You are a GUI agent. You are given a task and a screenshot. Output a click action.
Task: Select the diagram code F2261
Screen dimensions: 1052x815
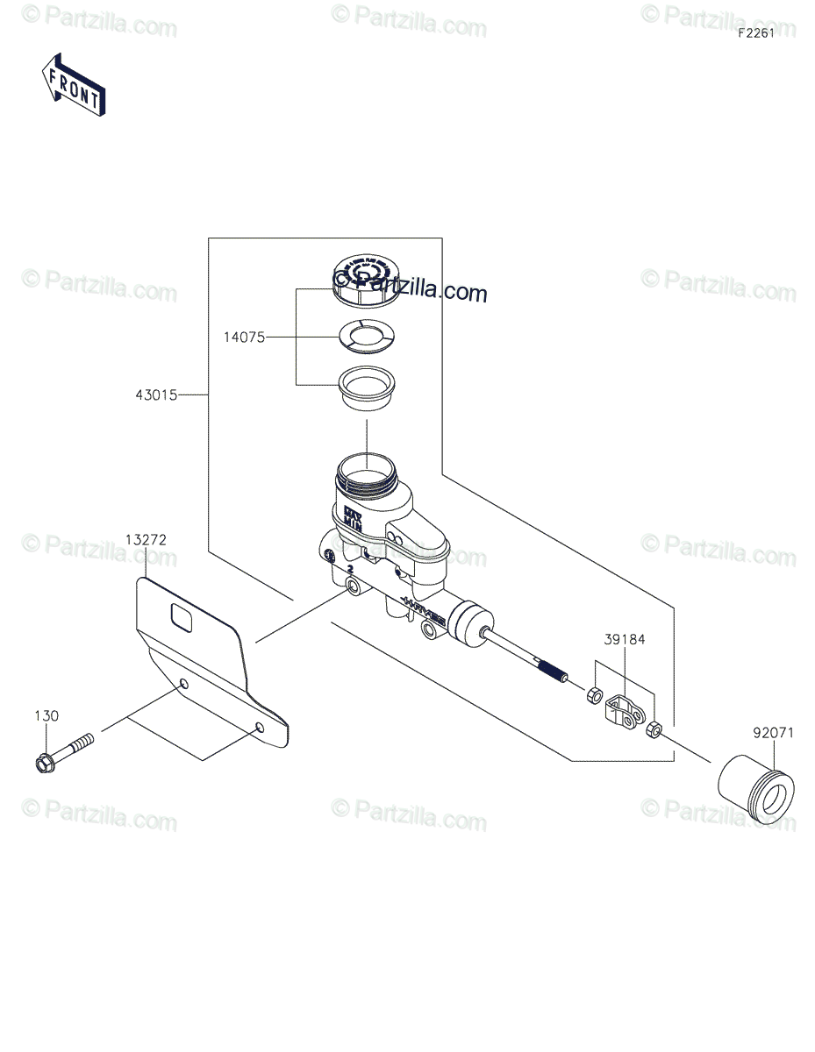755,34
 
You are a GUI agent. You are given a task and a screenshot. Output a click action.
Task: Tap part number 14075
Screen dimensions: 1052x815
244,336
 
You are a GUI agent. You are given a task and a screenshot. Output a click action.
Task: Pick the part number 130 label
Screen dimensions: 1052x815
47,716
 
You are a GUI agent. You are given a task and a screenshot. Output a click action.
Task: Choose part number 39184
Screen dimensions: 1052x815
624,640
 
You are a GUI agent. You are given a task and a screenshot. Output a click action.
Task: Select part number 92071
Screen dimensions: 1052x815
773,733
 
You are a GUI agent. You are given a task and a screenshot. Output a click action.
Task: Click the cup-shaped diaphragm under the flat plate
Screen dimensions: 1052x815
367,387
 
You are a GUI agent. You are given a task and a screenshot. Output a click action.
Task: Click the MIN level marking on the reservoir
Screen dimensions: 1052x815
353,521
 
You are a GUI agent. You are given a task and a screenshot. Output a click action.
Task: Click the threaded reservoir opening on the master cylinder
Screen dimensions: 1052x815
367,473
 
